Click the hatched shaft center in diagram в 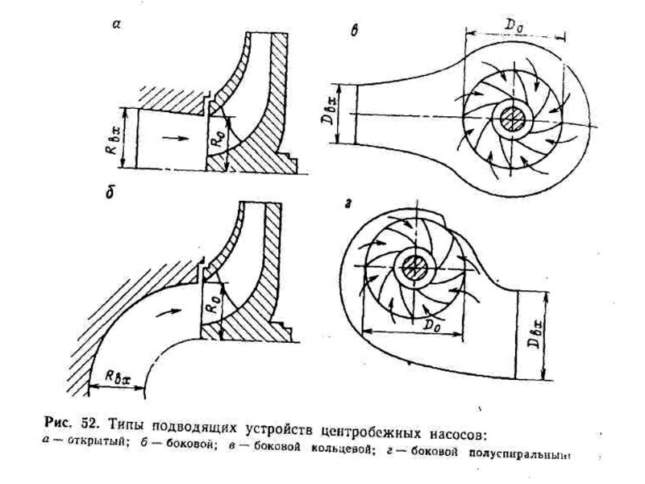point(513,119)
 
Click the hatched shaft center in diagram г point(415,265)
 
